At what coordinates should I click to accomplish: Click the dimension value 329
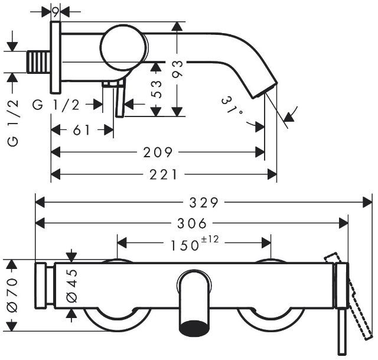tap(204, 202)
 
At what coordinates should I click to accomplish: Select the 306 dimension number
tap(192, 223)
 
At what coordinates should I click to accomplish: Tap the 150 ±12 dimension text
tap(194, 243)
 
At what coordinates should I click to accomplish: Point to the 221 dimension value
tap(164, 174)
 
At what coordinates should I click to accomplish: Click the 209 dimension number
tap(158, 153)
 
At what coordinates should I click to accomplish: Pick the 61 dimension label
tap(82, 130)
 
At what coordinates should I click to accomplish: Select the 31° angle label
tap(232, 108)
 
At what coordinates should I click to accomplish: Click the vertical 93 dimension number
tap(177, 69)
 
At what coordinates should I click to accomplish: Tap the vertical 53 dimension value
tap(156, 89)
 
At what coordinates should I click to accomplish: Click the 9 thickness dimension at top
tap(56, 12)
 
